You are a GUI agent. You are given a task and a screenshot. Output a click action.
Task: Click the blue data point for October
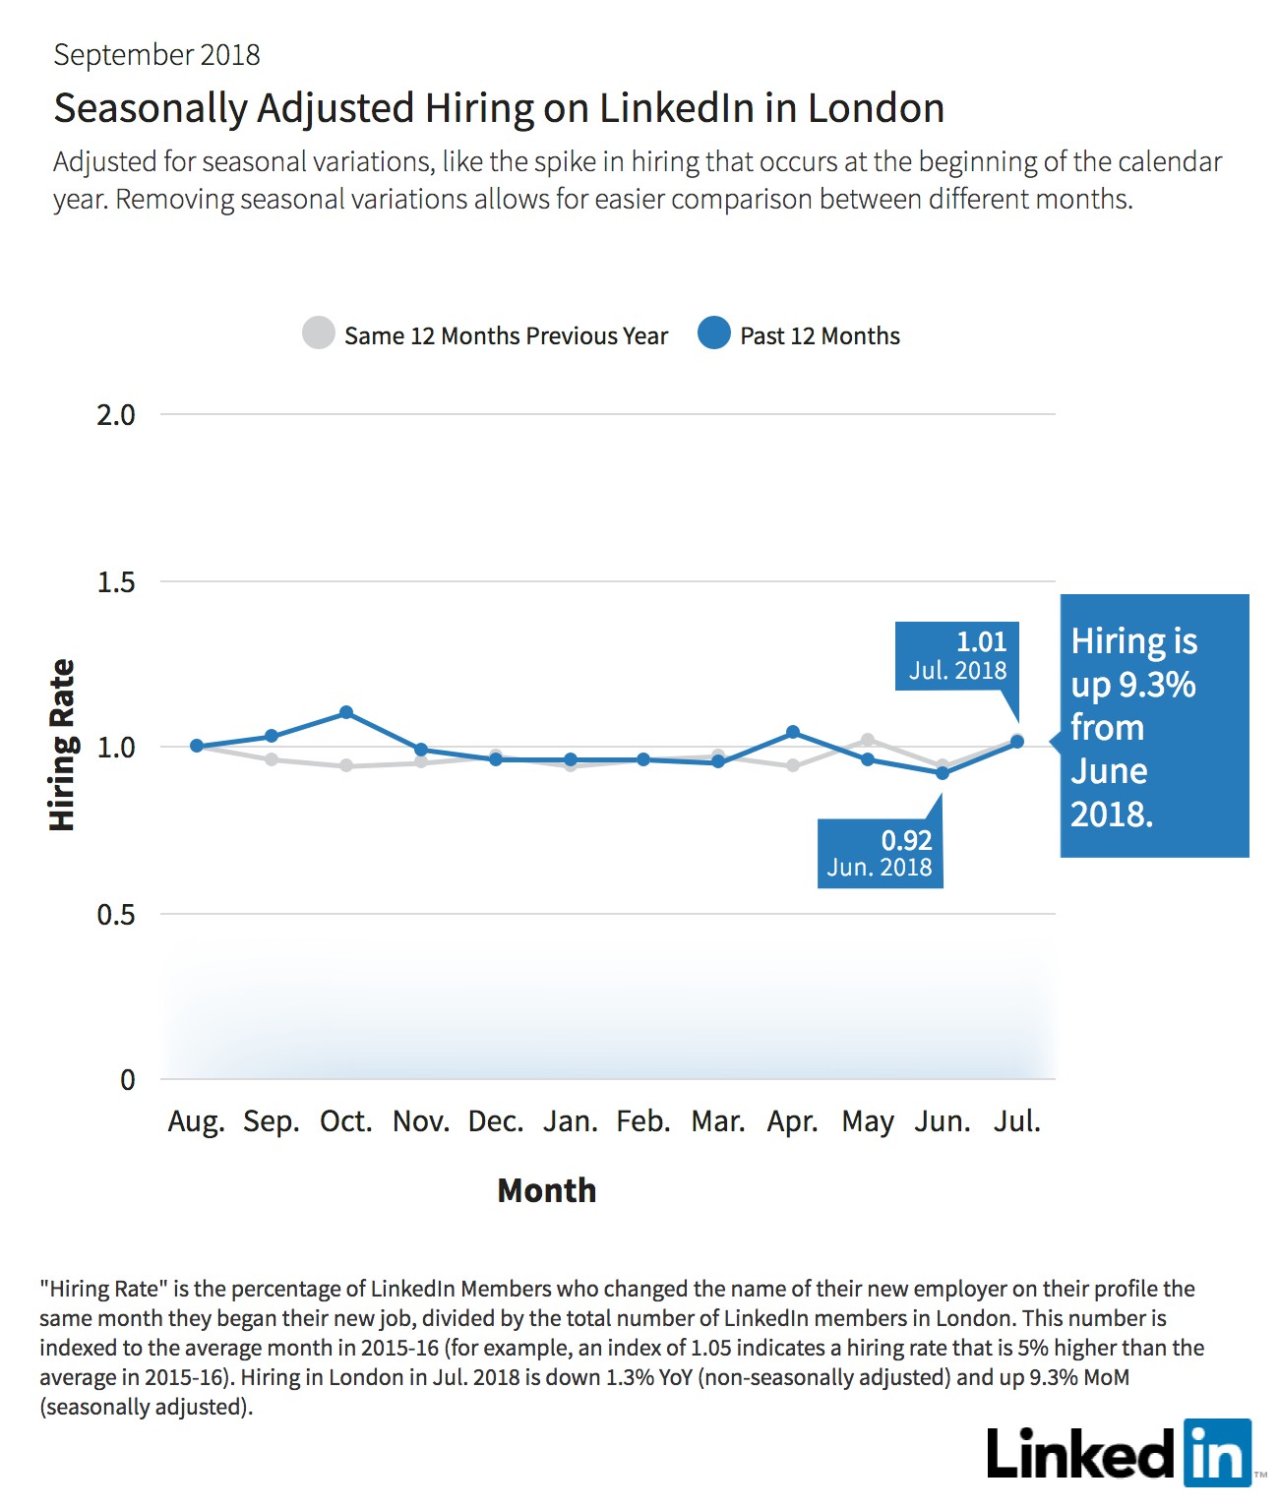tap(346, 712)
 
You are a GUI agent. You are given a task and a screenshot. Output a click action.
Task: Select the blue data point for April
tap(793, 732)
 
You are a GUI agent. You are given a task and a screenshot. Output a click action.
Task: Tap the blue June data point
tap(943, 772)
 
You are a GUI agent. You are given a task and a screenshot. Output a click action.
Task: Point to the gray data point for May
tap(868, 740)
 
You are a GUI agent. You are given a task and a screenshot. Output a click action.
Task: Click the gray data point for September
tap(272, 759)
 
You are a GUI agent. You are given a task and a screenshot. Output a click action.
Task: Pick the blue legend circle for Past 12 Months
tap(714, 332)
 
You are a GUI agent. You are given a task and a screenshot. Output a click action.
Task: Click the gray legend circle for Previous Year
tap(319, 332)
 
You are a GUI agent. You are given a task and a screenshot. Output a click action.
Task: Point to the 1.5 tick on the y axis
tap(116, 581)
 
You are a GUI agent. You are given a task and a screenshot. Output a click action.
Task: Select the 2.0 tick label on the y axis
tap(116, 415)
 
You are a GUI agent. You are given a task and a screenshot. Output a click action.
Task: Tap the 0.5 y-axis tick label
tap(116, 914)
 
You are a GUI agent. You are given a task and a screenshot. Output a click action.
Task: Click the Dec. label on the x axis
tap(496, 1121)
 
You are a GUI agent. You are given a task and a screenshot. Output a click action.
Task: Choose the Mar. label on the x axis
tap(718, 1121)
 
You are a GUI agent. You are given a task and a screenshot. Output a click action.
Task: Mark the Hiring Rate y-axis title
tap(62, 745)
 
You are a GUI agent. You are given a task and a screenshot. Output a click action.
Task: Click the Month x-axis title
tap(547, 1190)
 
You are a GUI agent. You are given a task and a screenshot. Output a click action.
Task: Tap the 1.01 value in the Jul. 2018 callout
tap(981, 641)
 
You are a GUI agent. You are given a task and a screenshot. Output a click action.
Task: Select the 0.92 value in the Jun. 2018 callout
tap(907, 840)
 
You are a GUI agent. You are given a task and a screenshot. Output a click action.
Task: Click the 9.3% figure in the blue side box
tap(1157, 685)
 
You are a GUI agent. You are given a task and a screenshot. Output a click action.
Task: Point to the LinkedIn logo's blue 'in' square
tap(1218, 1453)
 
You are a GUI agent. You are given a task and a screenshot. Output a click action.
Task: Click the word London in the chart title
tap(876, 108)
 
